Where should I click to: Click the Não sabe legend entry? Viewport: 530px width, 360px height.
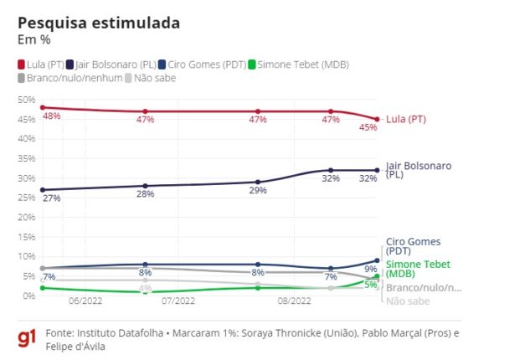pos(152,78)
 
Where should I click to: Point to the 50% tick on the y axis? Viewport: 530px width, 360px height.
pos(27,100)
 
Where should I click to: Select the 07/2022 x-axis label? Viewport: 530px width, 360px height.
pos(178,300)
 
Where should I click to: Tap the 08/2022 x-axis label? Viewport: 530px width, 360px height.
pos(294,300)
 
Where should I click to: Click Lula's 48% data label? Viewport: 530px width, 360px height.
pos(51,116)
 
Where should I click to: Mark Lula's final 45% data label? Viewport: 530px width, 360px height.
pos(368,128)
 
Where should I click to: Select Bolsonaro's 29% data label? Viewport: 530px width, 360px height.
pos(257,191)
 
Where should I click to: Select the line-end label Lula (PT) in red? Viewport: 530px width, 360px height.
pos(406,120)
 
